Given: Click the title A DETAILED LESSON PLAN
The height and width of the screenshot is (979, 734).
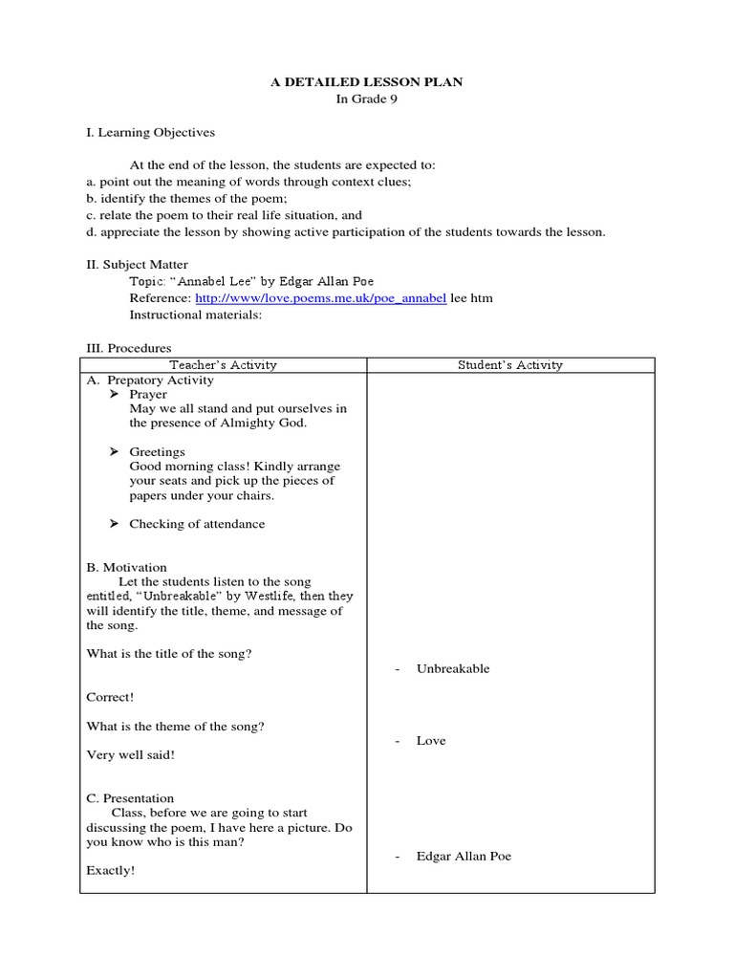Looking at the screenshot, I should pos(367,82).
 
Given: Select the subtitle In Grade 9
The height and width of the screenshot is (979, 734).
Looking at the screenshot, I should pos(367,100).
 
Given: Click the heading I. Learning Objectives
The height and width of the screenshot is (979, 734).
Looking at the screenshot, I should pos(150,132).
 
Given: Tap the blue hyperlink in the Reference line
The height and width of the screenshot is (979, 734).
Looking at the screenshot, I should pos(320,298).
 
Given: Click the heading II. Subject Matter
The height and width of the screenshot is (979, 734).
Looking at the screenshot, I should pos(137,264).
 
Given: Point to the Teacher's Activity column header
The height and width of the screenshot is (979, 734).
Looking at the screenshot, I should pos(223,364).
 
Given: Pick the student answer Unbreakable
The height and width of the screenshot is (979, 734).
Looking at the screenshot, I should pos(453,668).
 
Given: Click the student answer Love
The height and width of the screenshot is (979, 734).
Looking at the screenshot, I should pos(431,741).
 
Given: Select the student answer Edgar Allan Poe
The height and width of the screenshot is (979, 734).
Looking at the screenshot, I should pos(464,856).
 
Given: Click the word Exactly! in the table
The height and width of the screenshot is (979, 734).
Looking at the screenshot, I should pos(111,871).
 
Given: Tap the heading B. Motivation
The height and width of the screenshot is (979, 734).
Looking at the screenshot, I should pos(126,567).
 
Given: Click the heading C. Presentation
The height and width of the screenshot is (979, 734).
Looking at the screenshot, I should pos(130,798).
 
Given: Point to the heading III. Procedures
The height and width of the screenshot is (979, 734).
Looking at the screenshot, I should pos(129,349).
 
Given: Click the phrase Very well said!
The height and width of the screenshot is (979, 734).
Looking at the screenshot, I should pos(131,755).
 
